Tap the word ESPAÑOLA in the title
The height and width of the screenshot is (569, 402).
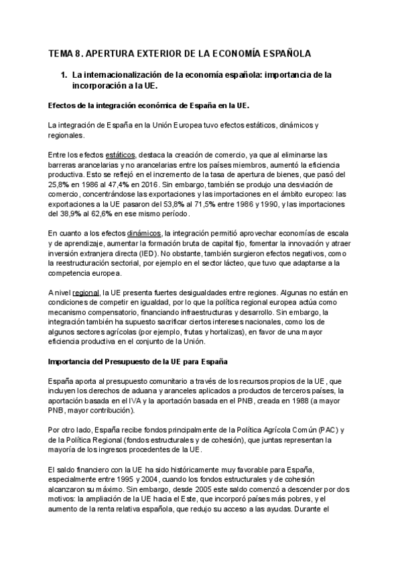[x=281, y=53]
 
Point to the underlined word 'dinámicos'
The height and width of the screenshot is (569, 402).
[x=144, y=232]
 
